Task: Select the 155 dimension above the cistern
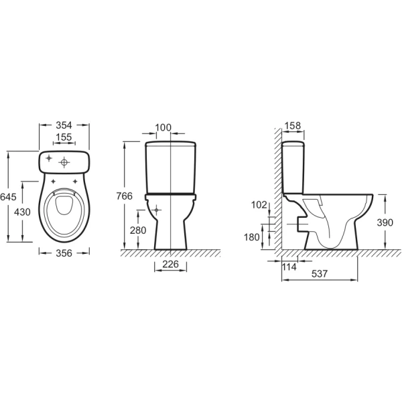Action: pyautogui.click(x=64, y=137)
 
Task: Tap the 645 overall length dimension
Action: pyautogui.click(x=7, y=197)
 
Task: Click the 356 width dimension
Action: pyautogui.click(x=65, y=253)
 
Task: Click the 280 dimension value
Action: pyautogui.click(x=138, y=230)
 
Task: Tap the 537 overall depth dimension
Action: pyautogui.click(x=318, y=273)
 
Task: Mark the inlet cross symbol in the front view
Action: pyautogui.click(x=157, y=210)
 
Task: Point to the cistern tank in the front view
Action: pyautogui.click(x=172, y=167)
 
